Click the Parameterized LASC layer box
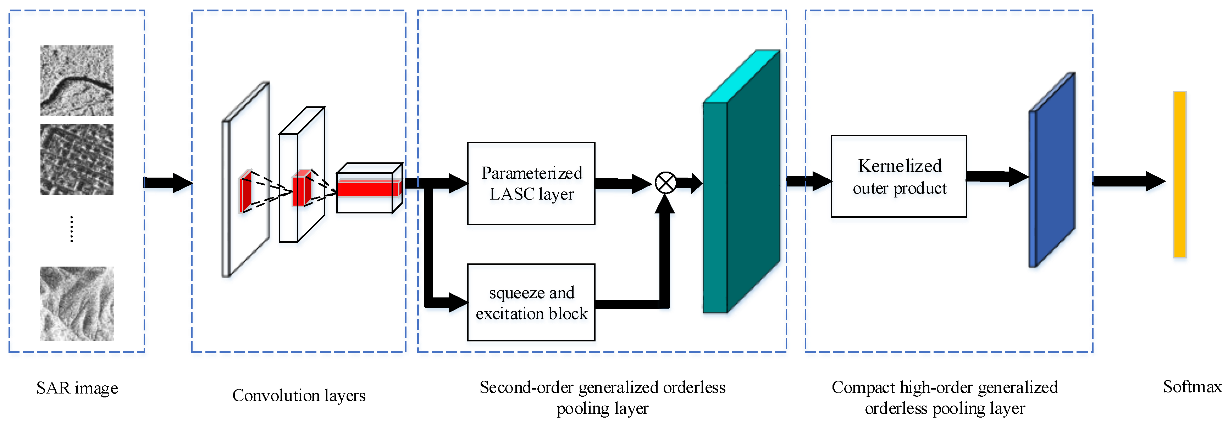531,183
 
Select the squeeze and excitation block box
531,302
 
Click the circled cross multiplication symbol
665,183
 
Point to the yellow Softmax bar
1179,174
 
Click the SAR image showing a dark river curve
77,80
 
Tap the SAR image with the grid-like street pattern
77,159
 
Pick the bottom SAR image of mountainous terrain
77,303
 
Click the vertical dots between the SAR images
72,229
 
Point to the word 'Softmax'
1192,386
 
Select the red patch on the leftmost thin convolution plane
245,191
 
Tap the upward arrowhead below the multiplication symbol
665,204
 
